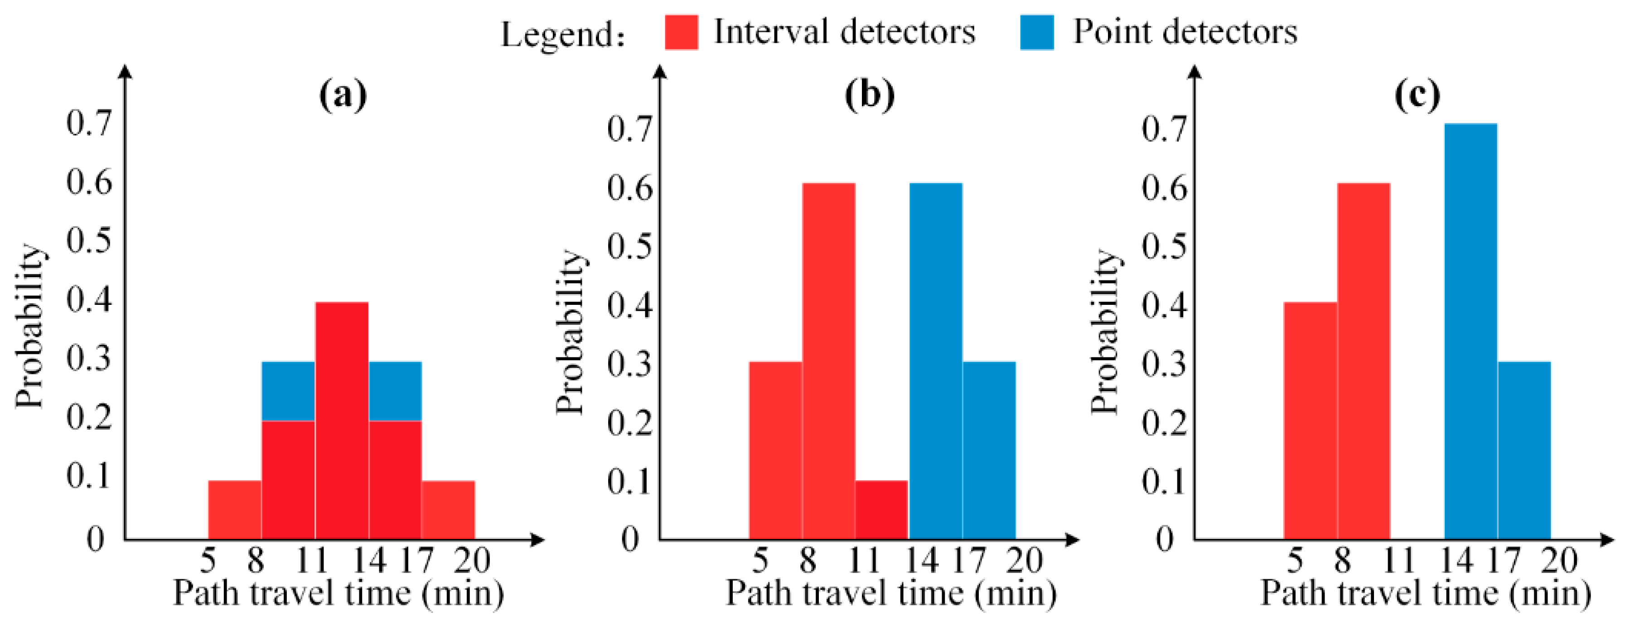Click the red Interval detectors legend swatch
tap(682, 32)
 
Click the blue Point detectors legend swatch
tap(1037, 32)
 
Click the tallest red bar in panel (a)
tap(342, 421)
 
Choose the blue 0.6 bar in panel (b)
tap(936, 361)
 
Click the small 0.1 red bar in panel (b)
tap(881, 510)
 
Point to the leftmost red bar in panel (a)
tap(235, 510)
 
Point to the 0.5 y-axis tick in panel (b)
tap(629, 246)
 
